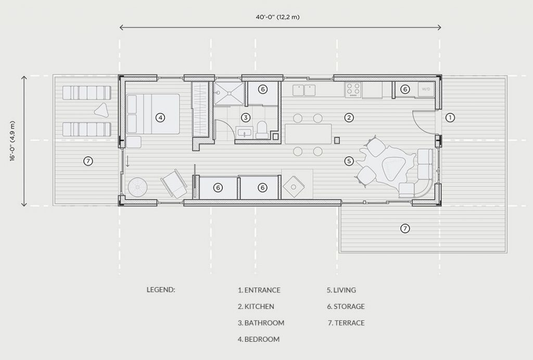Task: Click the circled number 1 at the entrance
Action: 450,118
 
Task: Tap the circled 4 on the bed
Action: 160,118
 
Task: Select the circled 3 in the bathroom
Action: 246,118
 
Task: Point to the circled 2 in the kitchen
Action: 349,118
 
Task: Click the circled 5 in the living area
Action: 349,161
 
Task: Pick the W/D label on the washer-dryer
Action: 426,89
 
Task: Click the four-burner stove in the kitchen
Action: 353,90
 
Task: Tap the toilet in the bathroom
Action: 262,130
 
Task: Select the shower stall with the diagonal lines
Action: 229,93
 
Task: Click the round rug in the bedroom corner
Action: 137,187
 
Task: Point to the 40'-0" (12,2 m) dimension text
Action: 278,17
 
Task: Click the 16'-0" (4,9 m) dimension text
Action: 12,141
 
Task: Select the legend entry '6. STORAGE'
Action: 346,306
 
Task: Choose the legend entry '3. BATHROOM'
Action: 261,323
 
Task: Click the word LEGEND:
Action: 161,290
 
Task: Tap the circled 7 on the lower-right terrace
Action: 404,228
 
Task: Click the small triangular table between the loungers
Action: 101,110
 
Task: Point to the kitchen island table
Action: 308,134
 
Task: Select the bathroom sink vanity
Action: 244,132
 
